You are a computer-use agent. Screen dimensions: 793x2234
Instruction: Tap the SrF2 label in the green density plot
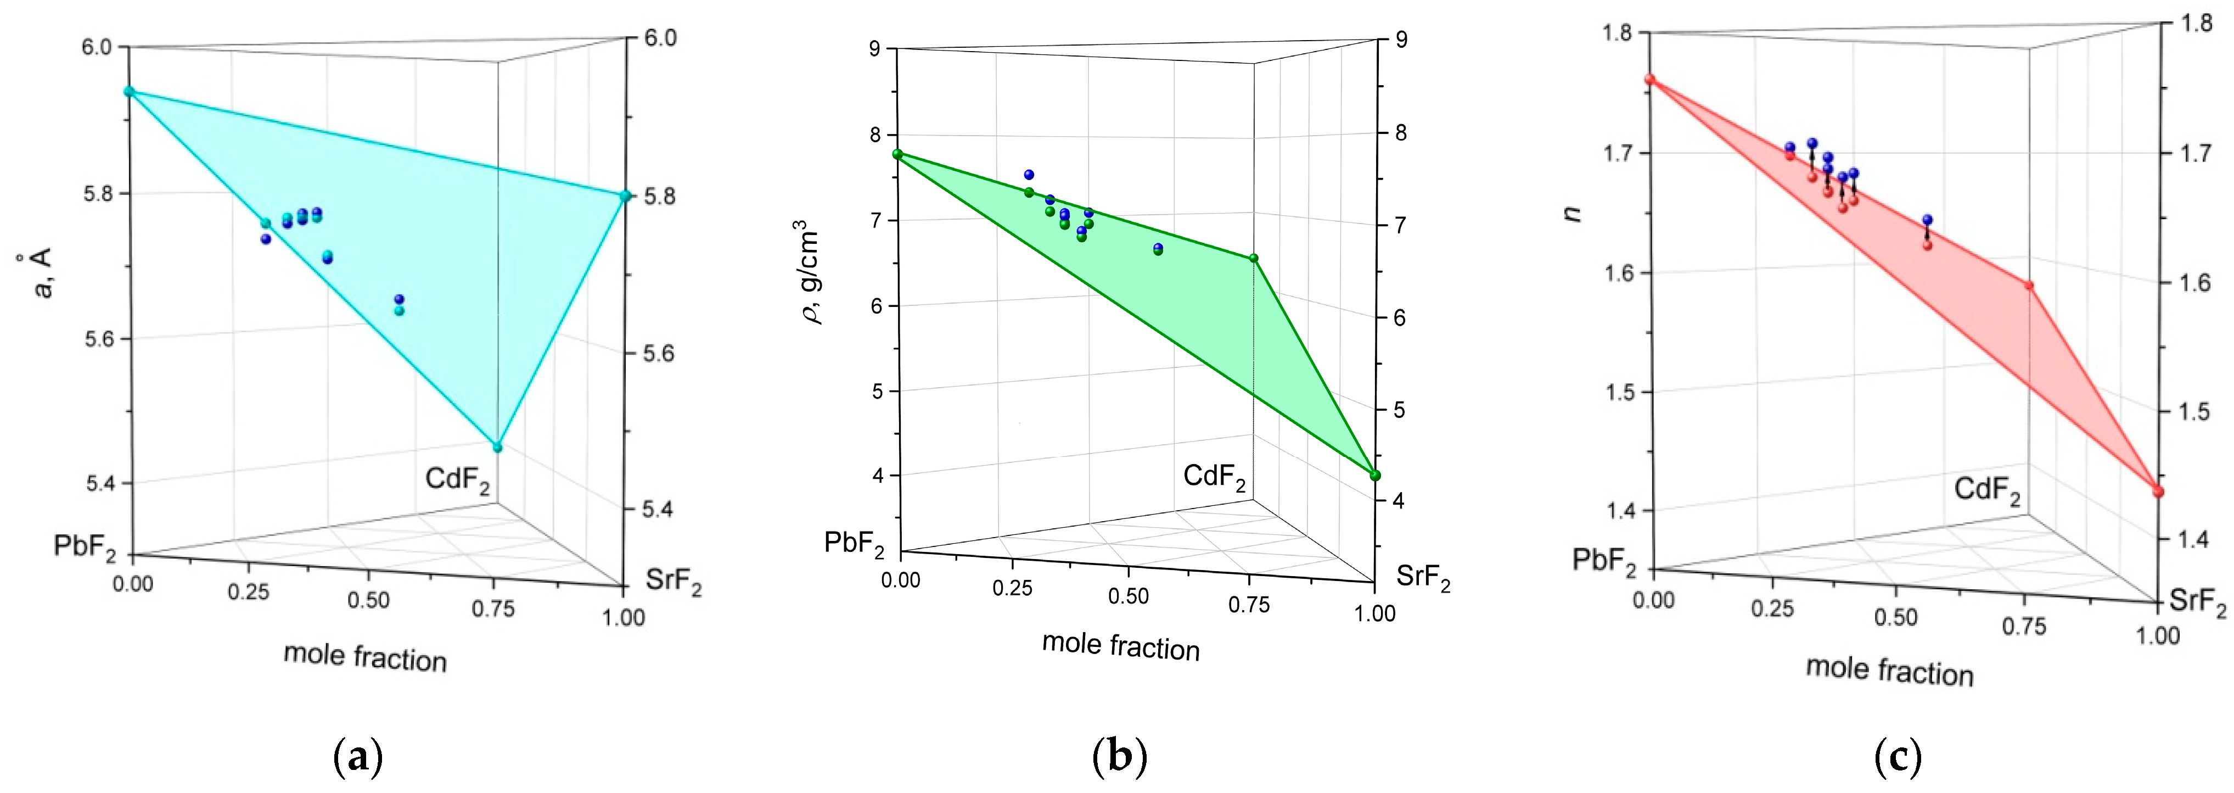tap(1422, 578)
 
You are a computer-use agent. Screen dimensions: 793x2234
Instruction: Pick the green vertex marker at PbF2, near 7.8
tap(897, 154)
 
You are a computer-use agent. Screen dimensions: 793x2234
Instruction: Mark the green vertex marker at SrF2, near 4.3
tap(1374, 474)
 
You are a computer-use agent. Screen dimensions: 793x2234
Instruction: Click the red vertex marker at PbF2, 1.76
tap(1651, 80)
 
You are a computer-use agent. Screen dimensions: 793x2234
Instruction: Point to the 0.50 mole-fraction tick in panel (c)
tap(1895, 617)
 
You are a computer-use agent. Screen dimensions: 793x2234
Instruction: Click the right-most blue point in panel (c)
tap(1928, 220)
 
